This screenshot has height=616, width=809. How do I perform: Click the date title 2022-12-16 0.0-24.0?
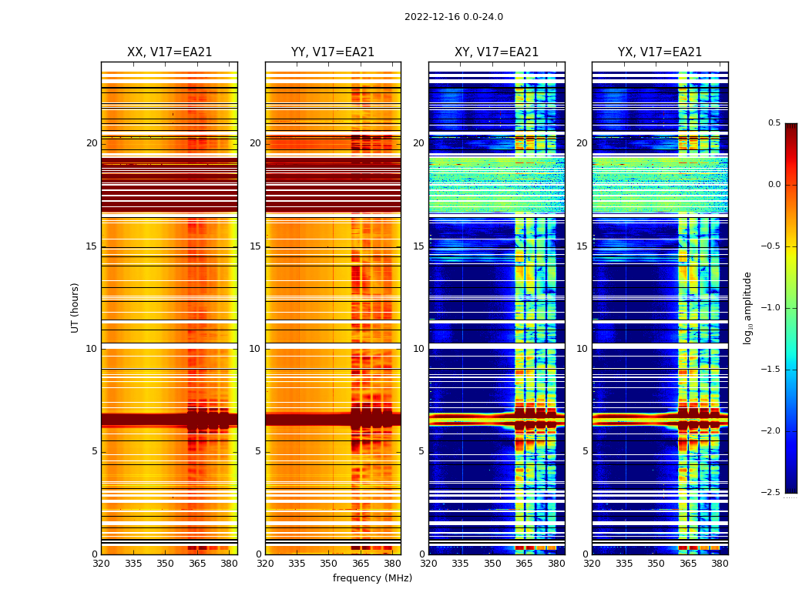[x=453, y=17]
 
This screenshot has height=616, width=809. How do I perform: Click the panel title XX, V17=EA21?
[x=170, y=52]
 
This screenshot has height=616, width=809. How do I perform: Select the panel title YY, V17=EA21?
[x=333, y=52]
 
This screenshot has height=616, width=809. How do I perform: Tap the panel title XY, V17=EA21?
[x=496, y=52]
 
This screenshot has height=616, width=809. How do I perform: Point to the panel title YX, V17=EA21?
[x=660, y=52]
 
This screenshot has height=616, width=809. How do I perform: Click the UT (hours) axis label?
[x=76, y=307]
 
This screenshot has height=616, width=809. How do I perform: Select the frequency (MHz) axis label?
[x=372, y=578]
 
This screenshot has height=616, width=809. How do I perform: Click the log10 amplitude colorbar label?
[x=747, y=307]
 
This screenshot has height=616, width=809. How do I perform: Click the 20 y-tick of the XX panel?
[x=92, y=143]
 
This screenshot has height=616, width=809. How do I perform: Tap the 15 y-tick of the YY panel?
[x=256, y=246]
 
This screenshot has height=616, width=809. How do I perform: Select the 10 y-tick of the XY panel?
[x=419, y=349]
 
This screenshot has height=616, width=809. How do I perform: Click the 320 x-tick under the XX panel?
[x=101, y=564]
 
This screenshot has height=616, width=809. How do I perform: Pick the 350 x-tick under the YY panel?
[x=329, y=564]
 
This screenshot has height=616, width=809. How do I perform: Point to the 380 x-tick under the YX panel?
[x=720, y=564]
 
